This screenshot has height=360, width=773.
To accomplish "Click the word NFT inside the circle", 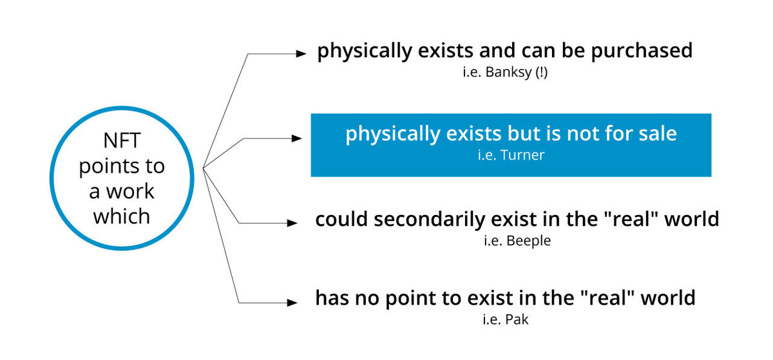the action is [122, 140].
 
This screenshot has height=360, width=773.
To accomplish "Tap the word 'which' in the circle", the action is [122, 216].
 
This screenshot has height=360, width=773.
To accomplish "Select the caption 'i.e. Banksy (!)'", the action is [505, 73].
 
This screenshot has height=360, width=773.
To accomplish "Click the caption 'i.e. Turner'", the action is [511, 155].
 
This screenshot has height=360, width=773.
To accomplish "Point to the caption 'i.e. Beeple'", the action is [517, 241].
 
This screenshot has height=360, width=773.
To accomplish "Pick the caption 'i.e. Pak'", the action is [506, 319].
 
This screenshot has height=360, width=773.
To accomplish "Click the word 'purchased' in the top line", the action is [642, 52].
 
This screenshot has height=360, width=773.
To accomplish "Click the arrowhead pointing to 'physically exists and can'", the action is [301, 53].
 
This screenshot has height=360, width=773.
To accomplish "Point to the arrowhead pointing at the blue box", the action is [297, 138].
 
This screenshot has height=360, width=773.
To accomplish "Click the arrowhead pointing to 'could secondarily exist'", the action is [292, 223].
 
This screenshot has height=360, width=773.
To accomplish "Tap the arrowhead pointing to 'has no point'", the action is [292, 303].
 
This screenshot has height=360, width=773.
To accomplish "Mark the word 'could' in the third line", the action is [341, 219].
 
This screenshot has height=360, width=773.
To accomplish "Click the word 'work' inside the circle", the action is [129, 191].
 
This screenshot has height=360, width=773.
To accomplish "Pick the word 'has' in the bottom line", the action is [332, 298].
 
